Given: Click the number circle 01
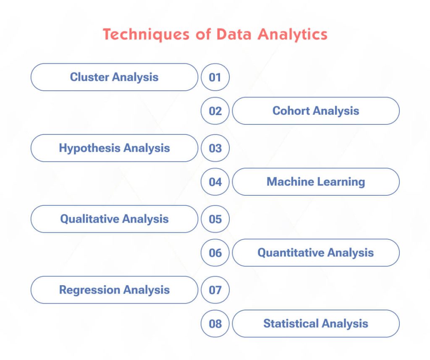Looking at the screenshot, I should coord(215,77).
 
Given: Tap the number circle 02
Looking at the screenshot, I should coord(215,111).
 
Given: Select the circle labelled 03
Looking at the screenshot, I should coord(215,148).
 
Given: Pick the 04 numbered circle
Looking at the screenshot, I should coord(215,182).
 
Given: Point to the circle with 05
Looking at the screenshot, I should coord(215,219).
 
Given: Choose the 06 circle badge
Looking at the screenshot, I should coord(215,253).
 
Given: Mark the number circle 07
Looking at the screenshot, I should coord(215,290).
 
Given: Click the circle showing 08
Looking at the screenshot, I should coord(215,324).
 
